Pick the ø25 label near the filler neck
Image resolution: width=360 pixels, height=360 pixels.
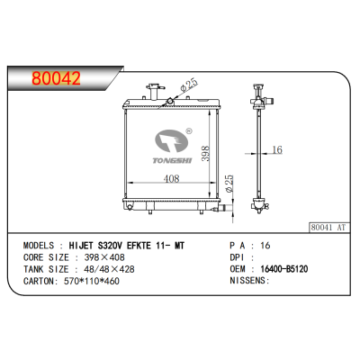pos(188,86)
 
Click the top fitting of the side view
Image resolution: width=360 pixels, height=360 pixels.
pos(263,94)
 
